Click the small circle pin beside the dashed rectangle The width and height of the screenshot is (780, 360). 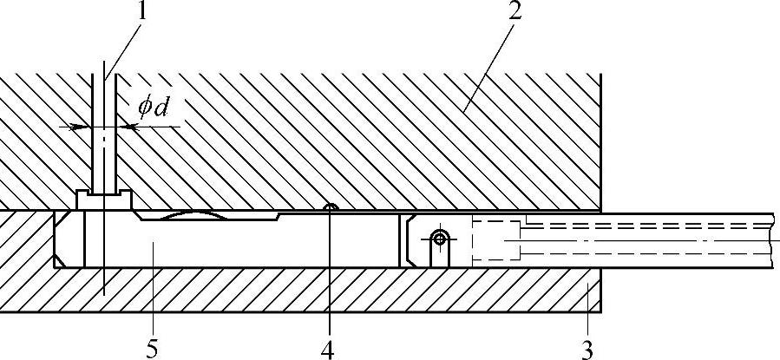439,237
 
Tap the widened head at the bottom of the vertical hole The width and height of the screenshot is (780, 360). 103,200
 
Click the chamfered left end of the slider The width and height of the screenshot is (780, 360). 62,239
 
